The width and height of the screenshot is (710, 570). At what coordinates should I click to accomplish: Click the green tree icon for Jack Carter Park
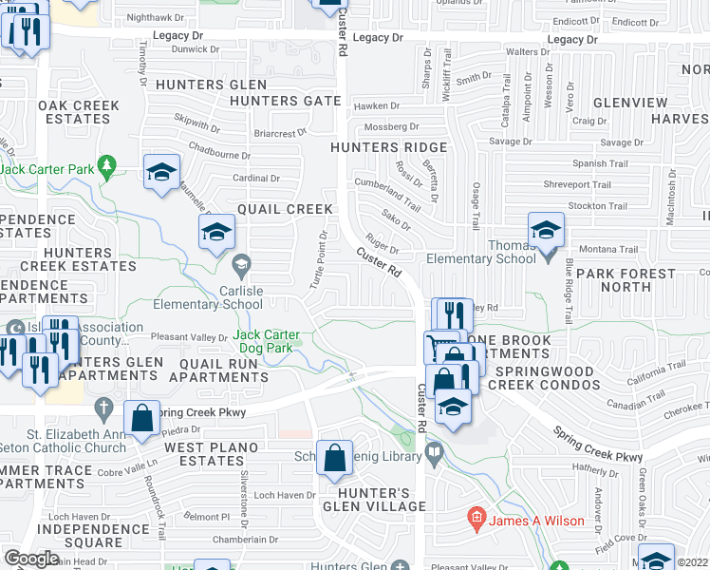107,167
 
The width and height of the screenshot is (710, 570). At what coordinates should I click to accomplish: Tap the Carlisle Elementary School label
209,297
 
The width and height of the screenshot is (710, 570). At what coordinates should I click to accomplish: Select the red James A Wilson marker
476,519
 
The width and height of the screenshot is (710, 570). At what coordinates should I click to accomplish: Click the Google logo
31,559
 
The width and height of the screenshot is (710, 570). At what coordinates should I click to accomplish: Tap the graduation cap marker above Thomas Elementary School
546,231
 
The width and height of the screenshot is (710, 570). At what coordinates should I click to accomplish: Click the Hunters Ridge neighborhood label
387,147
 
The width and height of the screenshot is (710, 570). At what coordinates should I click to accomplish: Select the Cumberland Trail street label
386,196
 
